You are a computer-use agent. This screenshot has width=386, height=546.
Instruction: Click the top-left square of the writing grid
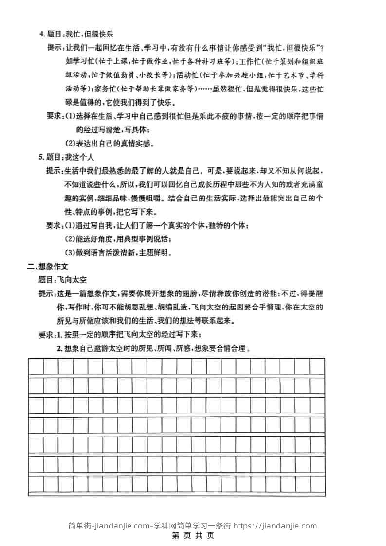click(36, 366)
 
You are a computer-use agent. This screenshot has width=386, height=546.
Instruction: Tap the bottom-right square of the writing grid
click(317, 484)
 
